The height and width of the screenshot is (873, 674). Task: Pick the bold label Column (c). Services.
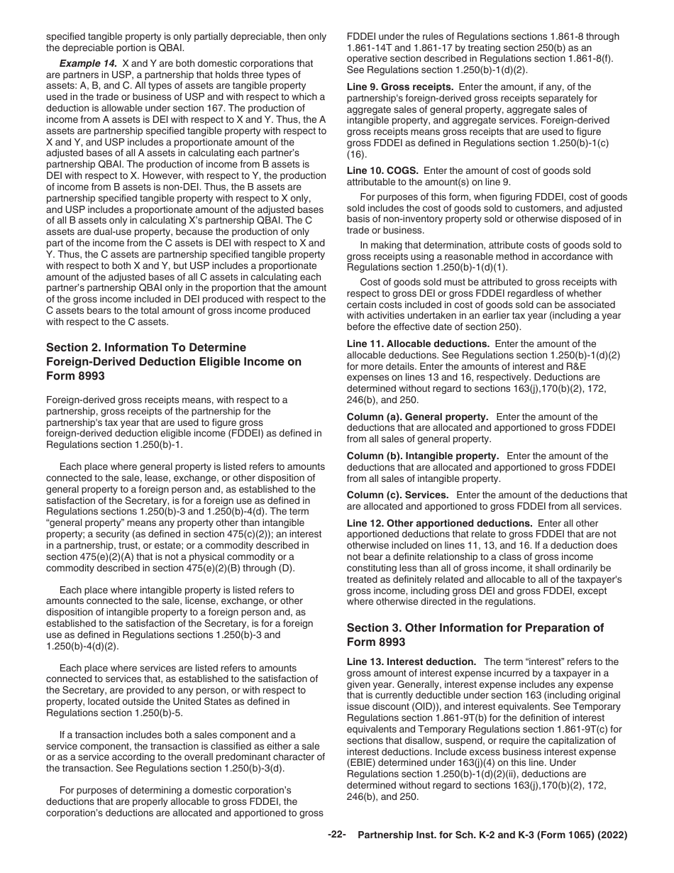tap(397, 495)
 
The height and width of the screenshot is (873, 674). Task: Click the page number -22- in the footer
tap(336, 835)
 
